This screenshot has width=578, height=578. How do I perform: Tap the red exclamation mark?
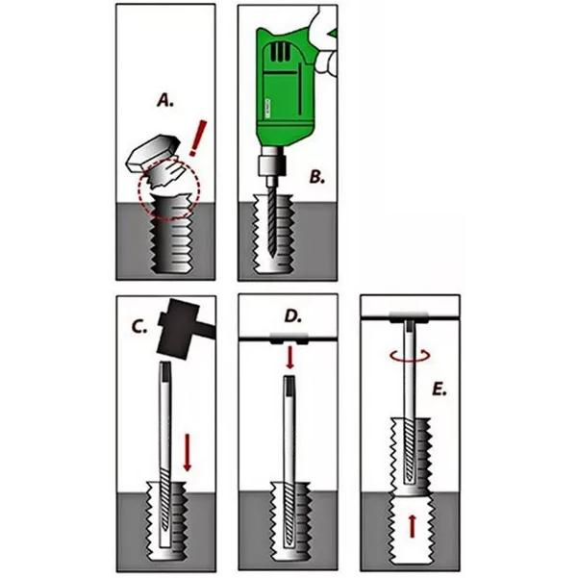(x=199, y=138)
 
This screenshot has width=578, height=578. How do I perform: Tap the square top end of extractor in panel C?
(x=166, y=368)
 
